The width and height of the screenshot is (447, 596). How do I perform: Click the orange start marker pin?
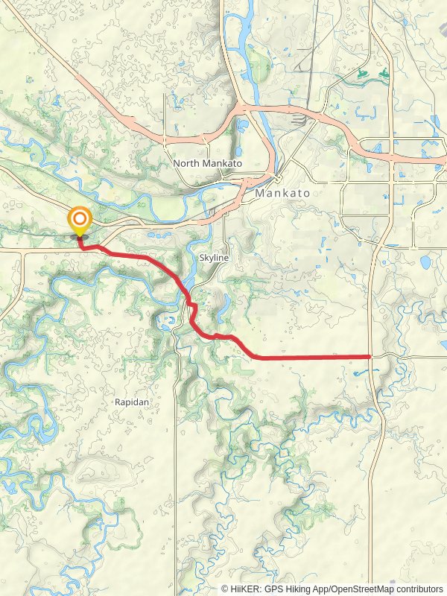[x=79, y=221]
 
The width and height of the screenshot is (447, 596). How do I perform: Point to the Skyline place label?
[x=214, y=257]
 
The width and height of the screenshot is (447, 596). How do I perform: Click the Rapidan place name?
[x=132, y=402]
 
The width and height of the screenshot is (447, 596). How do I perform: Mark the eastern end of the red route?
[x=370, y=357]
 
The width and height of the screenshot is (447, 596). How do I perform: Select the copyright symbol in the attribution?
[x=225, y=589]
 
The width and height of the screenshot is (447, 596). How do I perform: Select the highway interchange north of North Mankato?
[x=242, y=112]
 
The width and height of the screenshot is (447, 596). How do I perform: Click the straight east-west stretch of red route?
[x=313, y=357]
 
